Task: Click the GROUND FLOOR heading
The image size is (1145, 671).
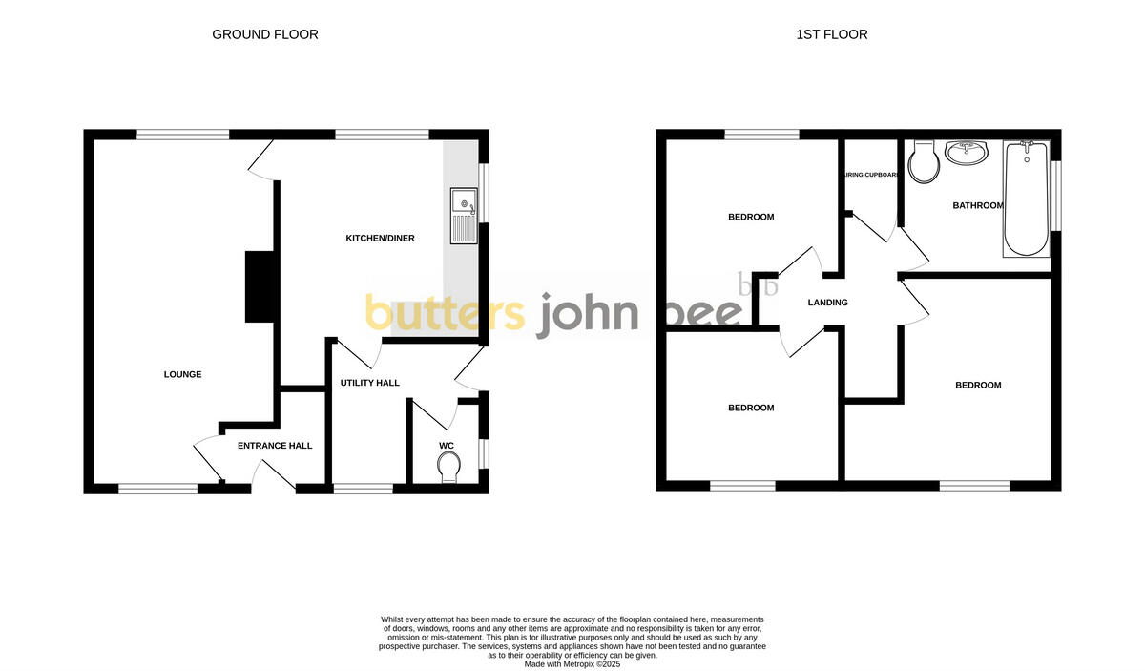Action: (x=264, y=34)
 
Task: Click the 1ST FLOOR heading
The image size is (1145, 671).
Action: (x=832, y=34)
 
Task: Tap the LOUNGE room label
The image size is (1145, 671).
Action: (x=182, y=374)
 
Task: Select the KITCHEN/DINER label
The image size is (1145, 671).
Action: (x=380, y=238)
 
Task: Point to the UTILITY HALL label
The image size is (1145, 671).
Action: (x=369, y=383)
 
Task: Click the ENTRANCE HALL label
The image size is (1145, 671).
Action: (x=275, y=446)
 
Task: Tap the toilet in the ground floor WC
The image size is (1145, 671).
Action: (x=448, y=467)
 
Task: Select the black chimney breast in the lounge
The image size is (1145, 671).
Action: (x=260, y=286)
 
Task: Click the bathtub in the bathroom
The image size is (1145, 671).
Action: (x=1026, y=199)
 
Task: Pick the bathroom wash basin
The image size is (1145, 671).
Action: (x=968, y=152)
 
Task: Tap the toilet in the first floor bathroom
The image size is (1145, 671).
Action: (x=924, y=162)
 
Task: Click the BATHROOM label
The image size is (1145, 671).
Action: (x=977, y=205)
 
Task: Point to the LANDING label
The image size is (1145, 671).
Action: (x=827, y=303)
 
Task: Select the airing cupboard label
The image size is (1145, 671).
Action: (x=871, y=175)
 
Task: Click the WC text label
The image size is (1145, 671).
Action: (x=447, y=446)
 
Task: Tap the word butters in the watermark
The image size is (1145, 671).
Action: (x=445, y=313)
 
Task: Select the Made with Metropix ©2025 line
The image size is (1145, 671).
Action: (x=572, y=663)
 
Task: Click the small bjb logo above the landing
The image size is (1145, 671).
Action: (x=759, y=284)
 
